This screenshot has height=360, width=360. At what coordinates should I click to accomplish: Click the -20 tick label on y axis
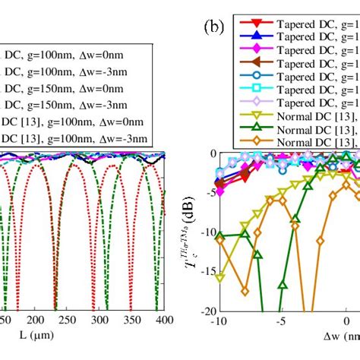[x=205, y=311]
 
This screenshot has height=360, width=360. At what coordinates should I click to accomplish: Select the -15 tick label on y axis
[x=205, y=271]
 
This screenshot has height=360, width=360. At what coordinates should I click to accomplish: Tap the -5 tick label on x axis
[x=281, y=322]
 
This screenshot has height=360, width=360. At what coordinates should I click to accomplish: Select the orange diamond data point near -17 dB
[x=245, y=291]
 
